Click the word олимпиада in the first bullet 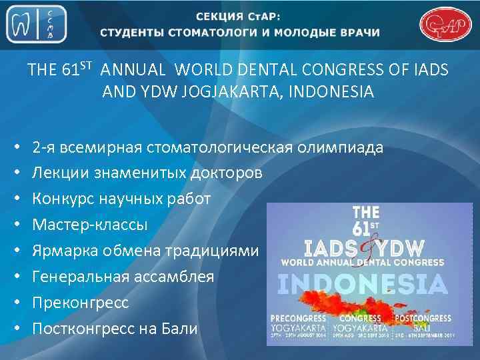coord(342,148)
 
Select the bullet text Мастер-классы coord(90,225)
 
